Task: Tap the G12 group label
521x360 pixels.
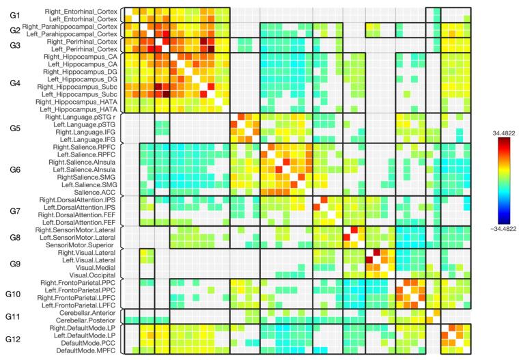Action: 15,339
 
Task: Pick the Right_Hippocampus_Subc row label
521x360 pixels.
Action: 79,87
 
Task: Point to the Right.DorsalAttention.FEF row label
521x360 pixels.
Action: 80,214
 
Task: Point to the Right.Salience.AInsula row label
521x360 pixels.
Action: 83,162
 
